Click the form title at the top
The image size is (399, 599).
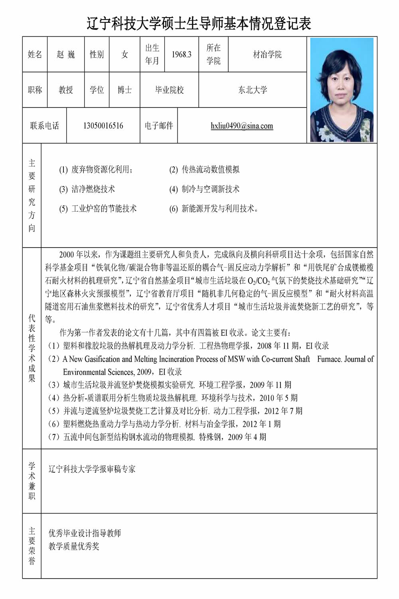tap(199, 23)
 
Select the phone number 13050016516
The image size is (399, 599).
tap(103, 126)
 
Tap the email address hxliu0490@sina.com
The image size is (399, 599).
tap(242, 126)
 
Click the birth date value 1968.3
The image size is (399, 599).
tap(182, 54)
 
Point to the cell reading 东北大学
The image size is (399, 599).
tap(253, 90)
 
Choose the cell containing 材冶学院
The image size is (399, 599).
tap(267, 54)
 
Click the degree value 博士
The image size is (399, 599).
tap(124, 90)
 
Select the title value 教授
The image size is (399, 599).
tap(66, 90)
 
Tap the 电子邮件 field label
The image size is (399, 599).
tap(159, 126)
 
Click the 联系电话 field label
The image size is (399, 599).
tap(44, 126)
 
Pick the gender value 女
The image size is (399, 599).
tap(124, 54)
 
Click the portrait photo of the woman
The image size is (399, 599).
tap(342, 90)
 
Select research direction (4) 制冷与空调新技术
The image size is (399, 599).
tap(204, 189)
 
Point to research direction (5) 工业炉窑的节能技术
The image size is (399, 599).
tap(98, 208)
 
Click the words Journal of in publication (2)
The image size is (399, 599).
tap(359, 359)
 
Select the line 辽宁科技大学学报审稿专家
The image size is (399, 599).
tap(92, 469)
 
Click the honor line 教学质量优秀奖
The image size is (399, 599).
tap(74, 546)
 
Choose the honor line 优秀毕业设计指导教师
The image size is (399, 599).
tap(85, 533)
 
